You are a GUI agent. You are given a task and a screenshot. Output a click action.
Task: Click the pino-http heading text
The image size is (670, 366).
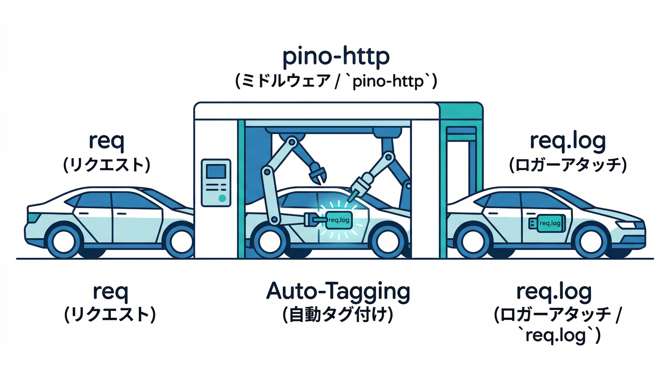pos(335,58)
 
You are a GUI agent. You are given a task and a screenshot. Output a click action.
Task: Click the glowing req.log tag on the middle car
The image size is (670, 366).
pos(339,220)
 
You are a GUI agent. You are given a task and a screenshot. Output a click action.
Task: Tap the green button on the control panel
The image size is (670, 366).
pos(221,197)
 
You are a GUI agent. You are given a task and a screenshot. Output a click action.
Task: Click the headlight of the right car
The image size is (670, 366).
pos(629,224)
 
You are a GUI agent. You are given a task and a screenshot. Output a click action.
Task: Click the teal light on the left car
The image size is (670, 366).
pos(33,217)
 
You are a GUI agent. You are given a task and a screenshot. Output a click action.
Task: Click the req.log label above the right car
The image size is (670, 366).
pos(567,142)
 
